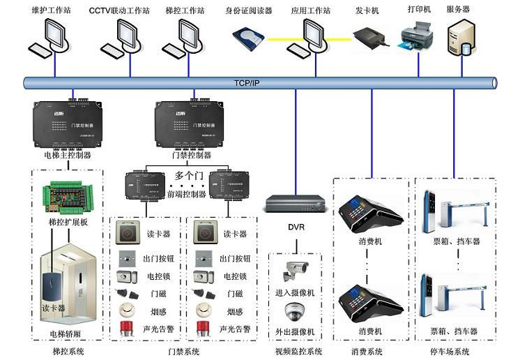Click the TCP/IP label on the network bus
coord(246,82)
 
